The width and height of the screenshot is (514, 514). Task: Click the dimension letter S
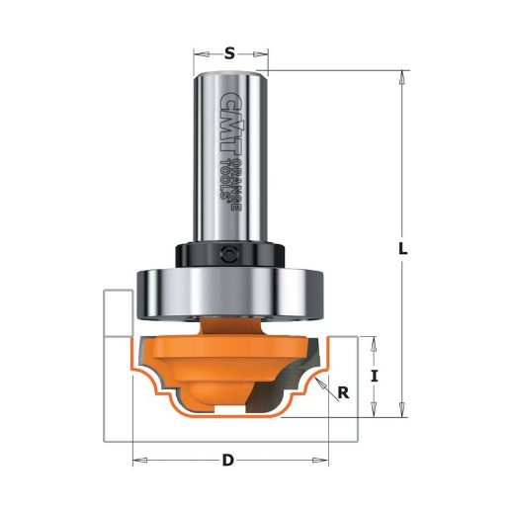tap(229, 53)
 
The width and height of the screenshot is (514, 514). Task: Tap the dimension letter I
tap(374, 376)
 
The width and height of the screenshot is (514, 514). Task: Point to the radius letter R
tap(343, 392)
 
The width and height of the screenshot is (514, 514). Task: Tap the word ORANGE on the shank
tap(236, 185)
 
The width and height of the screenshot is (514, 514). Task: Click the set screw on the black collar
tap(227, 254)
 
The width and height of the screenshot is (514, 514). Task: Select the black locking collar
tap(229, 255)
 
